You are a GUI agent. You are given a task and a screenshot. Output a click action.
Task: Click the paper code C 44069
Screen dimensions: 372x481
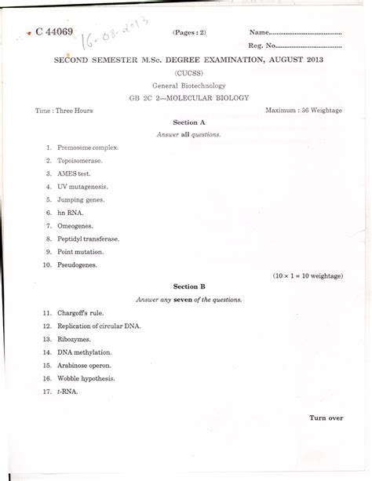click(x=54, y=32)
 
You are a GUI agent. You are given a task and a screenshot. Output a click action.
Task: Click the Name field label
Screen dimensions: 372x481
click(x=260, y=33)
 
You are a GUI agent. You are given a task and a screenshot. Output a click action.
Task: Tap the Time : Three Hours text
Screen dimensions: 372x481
click(x=64, y=111)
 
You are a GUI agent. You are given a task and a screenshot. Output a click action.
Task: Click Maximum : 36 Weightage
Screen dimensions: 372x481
click(x=304, y=111)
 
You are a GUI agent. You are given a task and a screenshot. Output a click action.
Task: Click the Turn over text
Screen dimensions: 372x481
click(x=326, y=417)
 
